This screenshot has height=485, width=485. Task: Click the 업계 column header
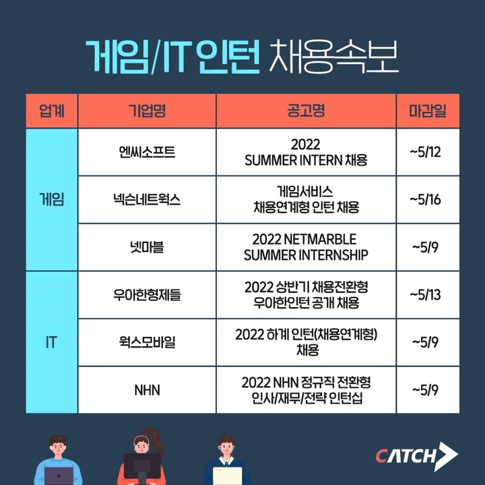(x=52, y=110)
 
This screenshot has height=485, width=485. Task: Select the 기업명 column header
(x=147, y=110)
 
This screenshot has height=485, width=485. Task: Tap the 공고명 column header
(x=306, y=110)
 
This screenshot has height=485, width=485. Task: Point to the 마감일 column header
(x=427, y=110)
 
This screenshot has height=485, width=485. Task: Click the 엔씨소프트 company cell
(x=147, y=152)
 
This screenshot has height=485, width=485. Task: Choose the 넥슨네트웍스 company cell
(x=147, y=199)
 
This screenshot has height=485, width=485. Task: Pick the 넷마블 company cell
(x=147, y=247)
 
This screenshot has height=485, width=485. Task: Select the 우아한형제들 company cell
(x=147, y=294)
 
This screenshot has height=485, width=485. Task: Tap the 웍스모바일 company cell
(x=147, y=342)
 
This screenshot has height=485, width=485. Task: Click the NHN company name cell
(x=147, y=390)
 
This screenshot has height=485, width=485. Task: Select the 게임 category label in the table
(x=52, y=199)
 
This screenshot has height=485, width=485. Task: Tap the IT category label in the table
(x=52, y=342)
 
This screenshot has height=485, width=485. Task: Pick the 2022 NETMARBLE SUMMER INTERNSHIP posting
(x=306, y=247)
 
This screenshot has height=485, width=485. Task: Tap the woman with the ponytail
(x=144, y=458)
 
